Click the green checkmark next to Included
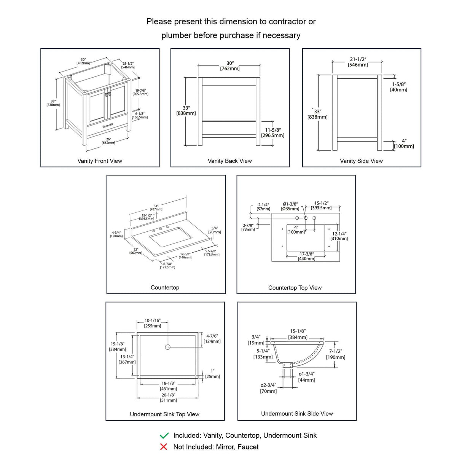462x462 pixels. pyautogui.click(x=164, y=435)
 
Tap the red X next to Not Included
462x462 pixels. pyautogui.click(x=164, y=447)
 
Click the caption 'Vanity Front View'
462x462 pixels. pyautogui.click(x=100, y=161)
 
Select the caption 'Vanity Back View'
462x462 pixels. pyautogui.click(x=230, y=161)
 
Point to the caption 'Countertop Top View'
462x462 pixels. pyautogui.click(x=295, y=288)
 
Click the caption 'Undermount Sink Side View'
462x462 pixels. pyautogui.click(x=297, y=414)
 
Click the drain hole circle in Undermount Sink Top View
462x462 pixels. pyautogui.click(x=168, y=347)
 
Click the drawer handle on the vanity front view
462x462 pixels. pyautogui.click(x=107, y=124)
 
